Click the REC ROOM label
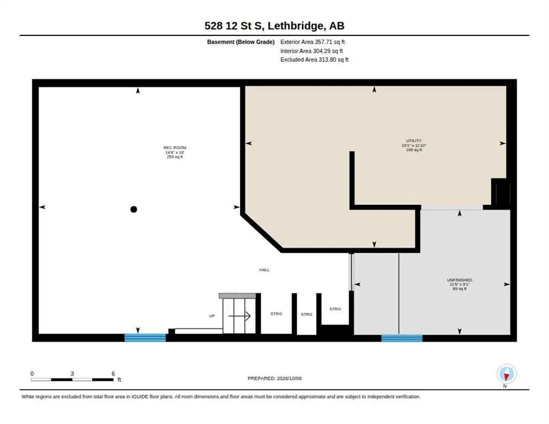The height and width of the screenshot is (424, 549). tap(175, 148)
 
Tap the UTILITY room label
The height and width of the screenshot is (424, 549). tap(414, 141)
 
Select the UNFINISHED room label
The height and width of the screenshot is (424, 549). tap(460, 280)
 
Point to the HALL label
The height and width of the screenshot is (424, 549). tap(265, 270)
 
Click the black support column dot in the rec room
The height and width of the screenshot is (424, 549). tap(134, 209)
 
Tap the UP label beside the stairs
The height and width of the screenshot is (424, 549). tap(212, 316)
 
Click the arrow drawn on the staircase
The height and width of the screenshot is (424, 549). tap(240, 316)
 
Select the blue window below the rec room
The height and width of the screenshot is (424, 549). tap(145, 338)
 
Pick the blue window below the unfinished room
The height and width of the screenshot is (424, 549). tap(402, 338)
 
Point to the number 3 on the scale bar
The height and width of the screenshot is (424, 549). tap(72, 374)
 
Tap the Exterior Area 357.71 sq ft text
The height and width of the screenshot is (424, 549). tap(312, 42)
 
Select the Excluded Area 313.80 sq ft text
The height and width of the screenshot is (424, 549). tap(314, 60)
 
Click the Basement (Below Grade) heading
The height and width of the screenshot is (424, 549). tap(241, 42)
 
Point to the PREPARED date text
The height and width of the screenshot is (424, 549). tap(274, 379)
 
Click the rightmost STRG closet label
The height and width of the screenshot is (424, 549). tap(335, 309)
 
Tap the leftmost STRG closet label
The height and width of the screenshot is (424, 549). tap(276, 314)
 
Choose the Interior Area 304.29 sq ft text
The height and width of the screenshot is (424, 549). tap(312, 51)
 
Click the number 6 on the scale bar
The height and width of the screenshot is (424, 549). tap(113, 374)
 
